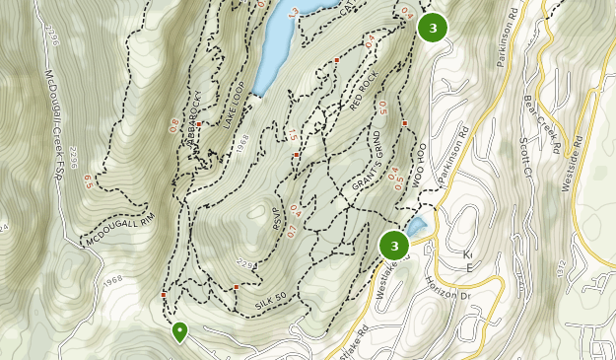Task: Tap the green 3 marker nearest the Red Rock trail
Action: click(433, 28)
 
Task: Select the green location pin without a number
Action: click(179, 332)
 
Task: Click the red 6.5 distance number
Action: click(89, 180)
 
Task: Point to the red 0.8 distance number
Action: click(174, 125)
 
